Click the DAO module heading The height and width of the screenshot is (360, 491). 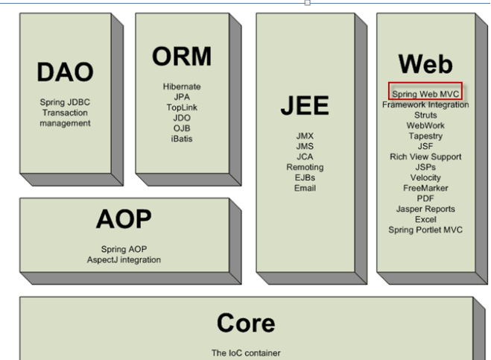click(x=65, y=72)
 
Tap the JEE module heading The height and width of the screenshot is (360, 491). click(x=305, y=107)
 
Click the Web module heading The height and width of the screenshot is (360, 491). click(x=425, y=63)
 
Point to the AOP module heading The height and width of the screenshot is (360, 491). click(x=124, y=219)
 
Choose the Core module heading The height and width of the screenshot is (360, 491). click(x=246, y=322)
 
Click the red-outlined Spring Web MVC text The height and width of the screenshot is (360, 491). click(x=425, y=94)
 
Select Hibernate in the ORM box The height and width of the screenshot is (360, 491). click(x=182, y=87)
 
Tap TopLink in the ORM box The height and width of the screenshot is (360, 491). click(x=182, y=108)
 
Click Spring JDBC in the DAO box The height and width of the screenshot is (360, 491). click(x=65, y=102)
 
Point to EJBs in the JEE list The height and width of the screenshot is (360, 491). click(x=305, y=177)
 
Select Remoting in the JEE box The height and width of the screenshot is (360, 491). click(x=305, y=168)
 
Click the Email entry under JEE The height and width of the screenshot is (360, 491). click(x=305, y=188)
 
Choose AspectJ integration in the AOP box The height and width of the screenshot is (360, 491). click(x=123, y=259)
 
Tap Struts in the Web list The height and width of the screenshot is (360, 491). click(x=425, y=116)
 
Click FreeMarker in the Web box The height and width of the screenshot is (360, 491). click(x=425, y=189)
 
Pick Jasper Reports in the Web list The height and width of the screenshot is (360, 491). click(x=425, y=209)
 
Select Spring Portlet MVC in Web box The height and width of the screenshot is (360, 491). click(x=425, y=230)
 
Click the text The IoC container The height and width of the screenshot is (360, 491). click(x=246, y=353)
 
